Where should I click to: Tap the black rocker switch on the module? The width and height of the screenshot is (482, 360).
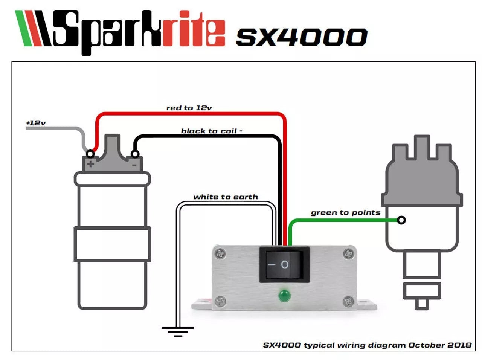284,264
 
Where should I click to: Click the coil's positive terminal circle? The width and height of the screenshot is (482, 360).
90,154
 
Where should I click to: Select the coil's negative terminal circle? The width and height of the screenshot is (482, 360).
134,154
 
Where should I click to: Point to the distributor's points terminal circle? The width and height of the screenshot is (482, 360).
401,220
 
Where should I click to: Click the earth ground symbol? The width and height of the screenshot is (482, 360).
178,331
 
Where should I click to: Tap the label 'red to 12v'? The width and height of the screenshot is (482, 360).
189,108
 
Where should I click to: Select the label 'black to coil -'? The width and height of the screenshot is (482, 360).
212,131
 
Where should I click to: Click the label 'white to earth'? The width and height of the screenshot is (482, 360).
226,197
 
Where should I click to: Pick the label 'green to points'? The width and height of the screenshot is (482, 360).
345,212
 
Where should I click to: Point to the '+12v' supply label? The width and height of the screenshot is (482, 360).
36,123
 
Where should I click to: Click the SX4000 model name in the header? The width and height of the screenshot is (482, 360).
301,37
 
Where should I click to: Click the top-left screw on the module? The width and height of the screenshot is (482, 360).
220,254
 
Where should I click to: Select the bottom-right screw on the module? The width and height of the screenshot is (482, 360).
349,301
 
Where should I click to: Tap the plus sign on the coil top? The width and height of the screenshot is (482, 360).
90,164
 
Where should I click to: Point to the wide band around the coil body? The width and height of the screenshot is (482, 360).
112,244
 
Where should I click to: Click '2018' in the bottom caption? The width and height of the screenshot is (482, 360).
459,345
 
